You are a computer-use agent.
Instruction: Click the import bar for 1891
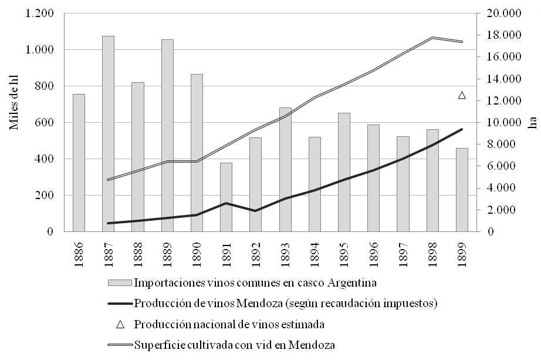pos(226,197)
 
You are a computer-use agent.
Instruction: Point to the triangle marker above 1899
pos(462,95)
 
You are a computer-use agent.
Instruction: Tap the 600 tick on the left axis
pos(45,122)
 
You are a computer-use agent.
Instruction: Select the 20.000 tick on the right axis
pos(504,13)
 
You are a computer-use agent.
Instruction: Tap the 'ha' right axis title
pos(532,122)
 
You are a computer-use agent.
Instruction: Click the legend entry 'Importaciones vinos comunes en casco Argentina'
pos(255,282)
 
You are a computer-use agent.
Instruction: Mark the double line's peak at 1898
pos(432,38)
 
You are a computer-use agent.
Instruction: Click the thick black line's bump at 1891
pos(226,203)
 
